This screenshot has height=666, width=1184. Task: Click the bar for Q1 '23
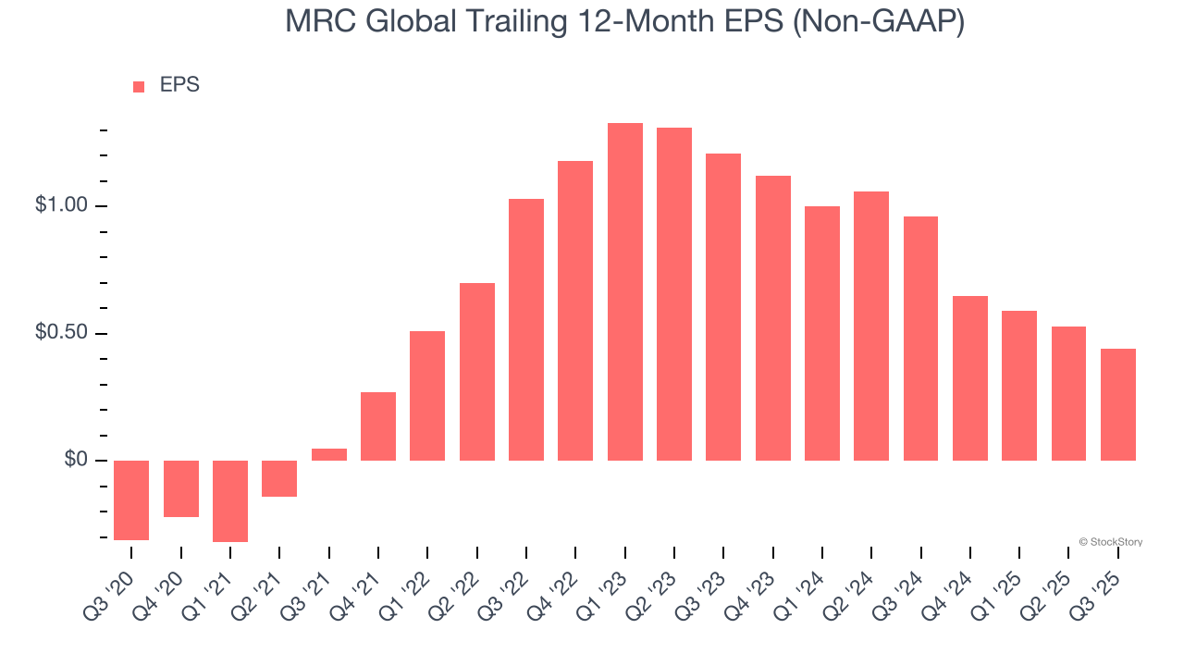click(x=625, y=291)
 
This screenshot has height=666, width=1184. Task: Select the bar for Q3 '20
click(x=131, y=499)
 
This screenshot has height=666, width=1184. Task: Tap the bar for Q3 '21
click(x=328, y=454)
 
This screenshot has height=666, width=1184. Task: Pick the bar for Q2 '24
click(x=871, y=326)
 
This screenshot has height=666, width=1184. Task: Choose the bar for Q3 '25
click(x=1118, y=404)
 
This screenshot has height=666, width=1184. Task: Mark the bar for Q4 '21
click(x=378, y=426)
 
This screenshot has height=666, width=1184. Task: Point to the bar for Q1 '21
click(x=230, y=500)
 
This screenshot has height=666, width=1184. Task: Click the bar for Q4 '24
click(x=970, y=377)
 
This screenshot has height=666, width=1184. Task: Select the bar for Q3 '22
click(x=526, y=329)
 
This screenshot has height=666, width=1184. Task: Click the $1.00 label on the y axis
click(x=60, y=205)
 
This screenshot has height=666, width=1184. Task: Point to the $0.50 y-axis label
click(x=60, y=333)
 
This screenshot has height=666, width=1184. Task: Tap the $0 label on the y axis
click(x=75, y=461)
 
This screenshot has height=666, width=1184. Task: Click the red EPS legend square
click(x=139, y=86)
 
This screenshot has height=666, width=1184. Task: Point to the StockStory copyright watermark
click(x=1110, y=542)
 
